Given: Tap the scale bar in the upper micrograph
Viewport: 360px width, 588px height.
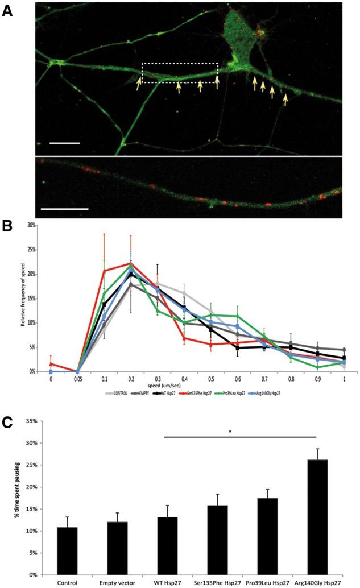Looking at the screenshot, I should pos(64,143).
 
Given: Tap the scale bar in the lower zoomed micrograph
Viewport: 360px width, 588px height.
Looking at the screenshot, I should pos(65,209).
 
